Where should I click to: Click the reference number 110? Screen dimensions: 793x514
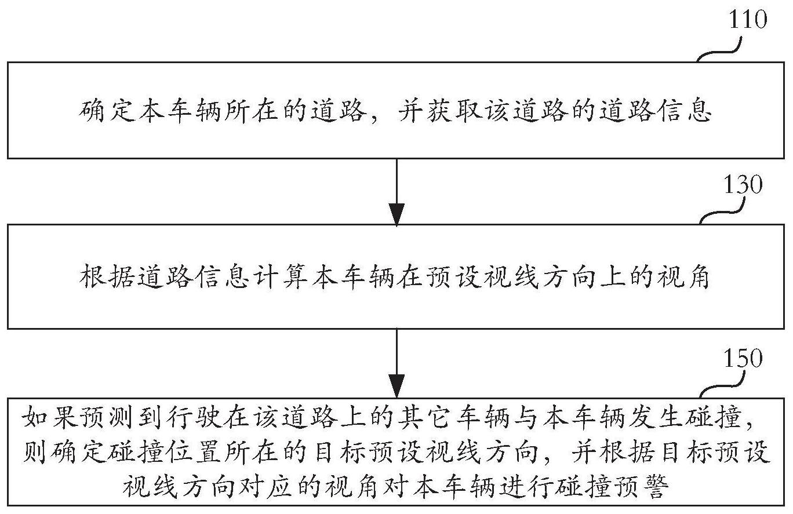[748, 19]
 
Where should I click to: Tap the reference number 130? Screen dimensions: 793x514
[743, 184]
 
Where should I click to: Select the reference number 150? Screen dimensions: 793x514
[743, 358]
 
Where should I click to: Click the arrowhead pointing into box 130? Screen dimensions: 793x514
[397, 214]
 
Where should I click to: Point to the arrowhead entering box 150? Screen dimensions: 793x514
[397, 386]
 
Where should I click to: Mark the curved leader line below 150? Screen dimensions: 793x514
[722, 385]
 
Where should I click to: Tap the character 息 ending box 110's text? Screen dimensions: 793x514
[699, 111]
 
